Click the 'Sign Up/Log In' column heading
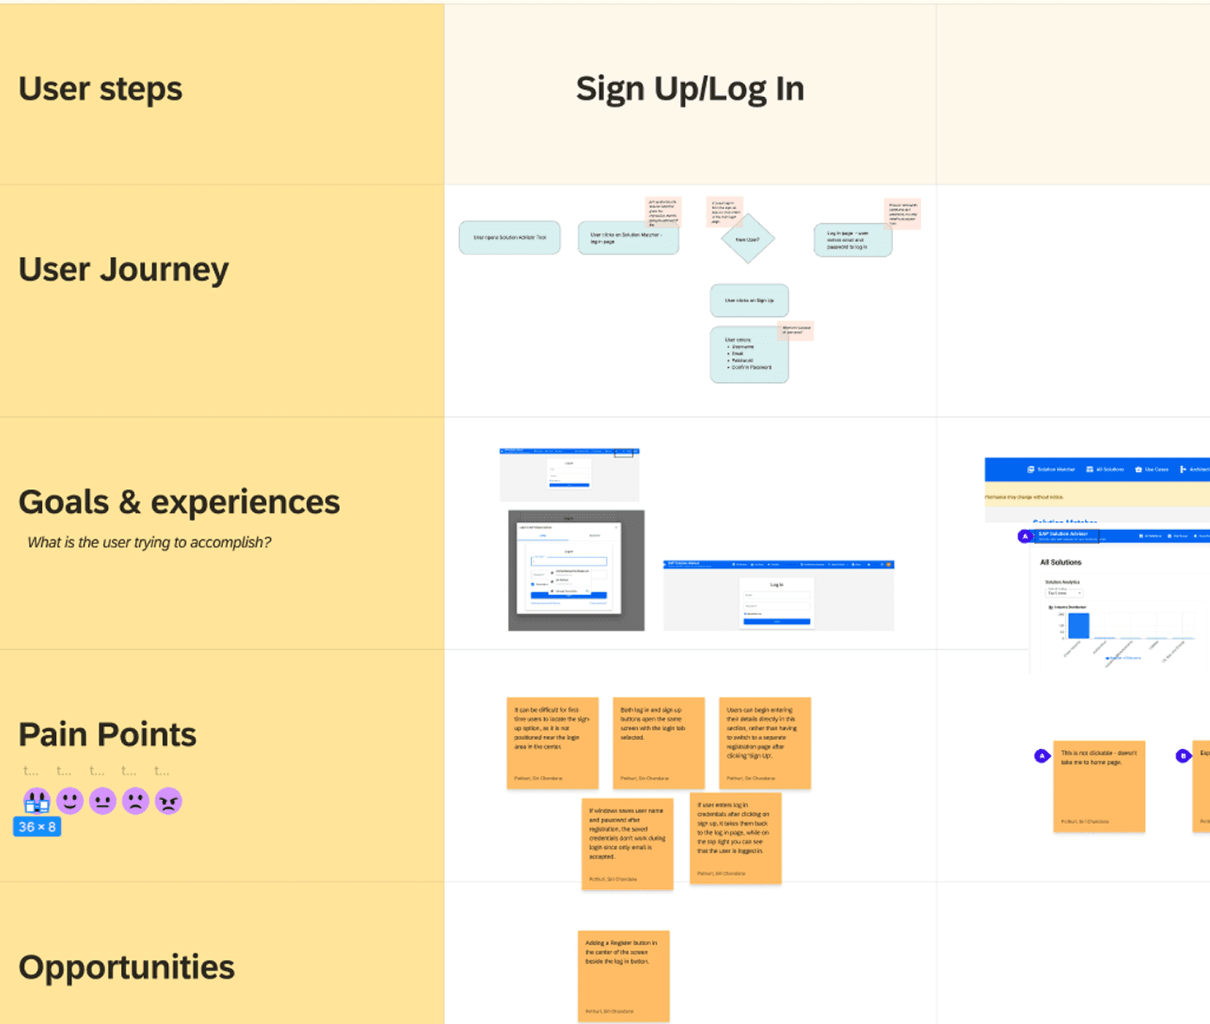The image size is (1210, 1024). (x=690, y=89)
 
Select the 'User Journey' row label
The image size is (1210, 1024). (x=123, y=269)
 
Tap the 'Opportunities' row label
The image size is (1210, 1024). (x=126, y=967)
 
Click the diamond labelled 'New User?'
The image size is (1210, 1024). (x=747, y=240)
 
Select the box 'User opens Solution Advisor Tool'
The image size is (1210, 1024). (x=510, y=238)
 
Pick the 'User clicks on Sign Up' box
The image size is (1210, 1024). (x=749, y=300)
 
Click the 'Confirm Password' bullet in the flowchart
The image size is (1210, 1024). (x=751, y=367)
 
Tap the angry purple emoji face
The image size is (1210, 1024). (x=168, y=801)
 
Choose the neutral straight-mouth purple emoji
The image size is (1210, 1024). (x=102, y=801)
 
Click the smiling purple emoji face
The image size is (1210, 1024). (x=70, y=800)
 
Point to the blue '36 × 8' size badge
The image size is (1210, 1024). (x=37, y=826)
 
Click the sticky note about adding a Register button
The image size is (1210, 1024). (x=623, y=975)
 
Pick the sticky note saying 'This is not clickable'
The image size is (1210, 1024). (x=1099, y=786)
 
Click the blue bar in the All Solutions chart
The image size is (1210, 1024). (x=1078, y=626)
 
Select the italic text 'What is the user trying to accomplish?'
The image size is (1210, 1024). (x=149, y=542)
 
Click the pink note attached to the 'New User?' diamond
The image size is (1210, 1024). (x=724, y=212)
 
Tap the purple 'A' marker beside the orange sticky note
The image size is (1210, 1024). (x=1042, y=756)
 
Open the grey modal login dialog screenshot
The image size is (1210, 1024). (x=576, y=570)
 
